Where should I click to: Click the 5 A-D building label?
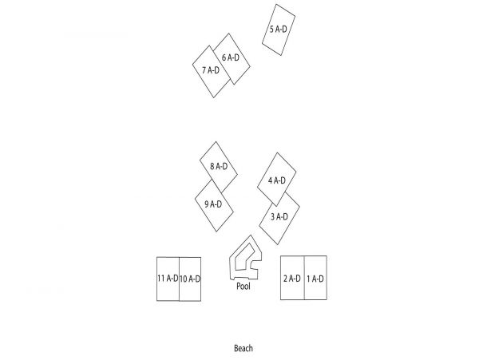point(279,30)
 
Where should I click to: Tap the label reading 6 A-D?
point(231,57)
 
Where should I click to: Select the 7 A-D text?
point(211,70)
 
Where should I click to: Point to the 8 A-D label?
point(219,166)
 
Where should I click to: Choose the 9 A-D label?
point(213,204)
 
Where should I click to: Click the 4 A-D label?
point(277,180)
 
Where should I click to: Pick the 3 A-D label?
point(279,217)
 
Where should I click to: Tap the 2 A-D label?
point(292,279)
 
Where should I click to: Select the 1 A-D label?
point(315,279)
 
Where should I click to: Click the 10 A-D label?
point(190,279)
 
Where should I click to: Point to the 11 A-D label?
point(168,278)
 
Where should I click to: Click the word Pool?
point(243,286)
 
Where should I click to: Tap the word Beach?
point(243,348)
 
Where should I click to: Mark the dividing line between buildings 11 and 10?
point(179,279)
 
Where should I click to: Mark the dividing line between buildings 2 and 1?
point(304,278)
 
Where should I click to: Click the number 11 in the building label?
point(161,278)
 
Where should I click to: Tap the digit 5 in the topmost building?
point(271,30)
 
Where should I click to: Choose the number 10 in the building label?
point(184,279)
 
